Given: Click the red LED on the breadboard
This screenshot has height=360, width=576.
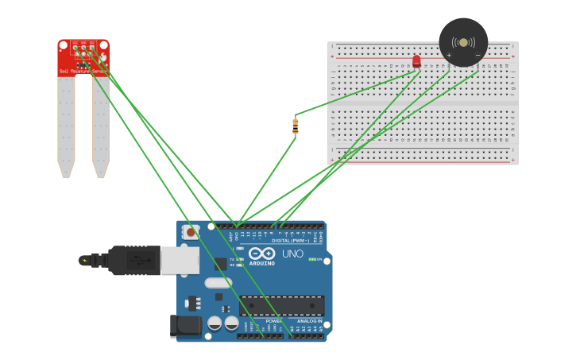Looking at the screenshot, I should pyautogui.click(x=416, y=61).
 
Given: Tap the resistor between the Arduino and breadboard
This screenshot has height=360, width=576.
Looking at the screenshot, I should pyautogui.click(x=296, y=126).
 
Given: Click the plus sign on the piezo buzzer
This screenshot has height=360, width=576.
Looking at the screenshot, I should pyautogui.click(x=450, y=55).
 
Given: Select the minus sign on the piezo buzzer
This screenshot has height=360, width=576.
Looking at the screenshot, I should pyautogui.click(x=477, y=55).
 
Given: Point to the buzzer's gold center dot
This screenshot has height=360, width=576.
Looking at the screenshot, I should pyautogui.click(x=463, y=41).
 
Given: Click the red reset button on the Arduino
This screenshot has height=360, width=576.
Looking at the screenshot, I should pyautogui.click(x=191, y=233).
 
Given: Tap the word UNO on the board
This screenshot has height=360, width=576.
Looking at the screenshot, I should pyautogui.click(x=292, y=254).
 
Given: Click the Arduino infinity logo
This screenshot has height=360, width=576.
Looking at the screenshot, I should pyautogui.click(x=261, y=254).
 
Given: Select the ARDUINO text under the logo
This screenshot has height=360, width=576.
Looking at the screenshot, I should pyautogui.click(x=261, y=263).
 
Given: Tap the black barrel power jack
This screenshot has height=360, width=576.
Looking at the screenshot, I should pyautogui.click(x=186, y=326).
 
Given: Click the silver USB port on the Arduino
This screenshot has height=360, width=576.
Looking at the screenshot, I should pyautogui.click(x=180, y=260).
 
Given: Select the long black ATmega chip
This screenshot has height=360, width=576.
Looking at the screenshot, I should pyautogui.click(x=282, y=305).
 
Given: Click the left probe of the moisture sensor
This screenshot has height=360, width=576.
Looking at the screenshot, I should pyautogui.click(x=66, y=127).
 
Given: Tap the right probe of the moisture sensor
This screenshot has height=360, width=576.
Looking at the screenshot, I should pyautogui.click(x=101, y=127).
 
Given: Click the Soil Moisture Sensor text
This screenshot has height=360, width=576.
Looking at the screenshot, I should pyautogui.click(x=83, y=72).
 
